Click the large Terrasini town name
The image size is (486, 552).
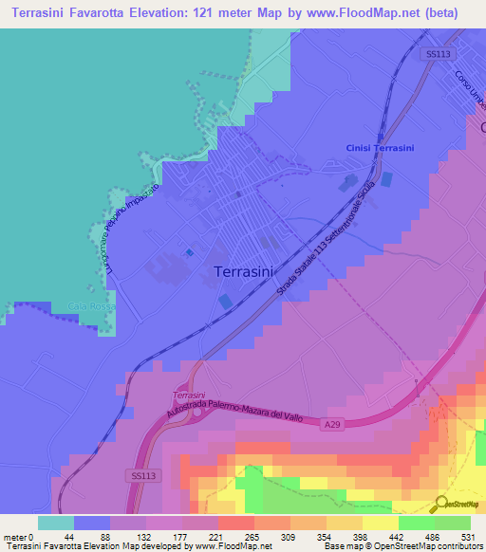click(247, 271)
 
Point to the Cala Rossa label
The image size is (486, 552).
click(90, 306)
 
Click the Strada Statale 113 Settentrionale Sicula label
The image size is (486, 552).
click(323, 248)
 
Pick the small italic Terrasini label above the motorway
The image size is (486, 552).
click(190, 394)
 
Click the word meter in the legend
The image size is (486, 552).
click(15, 537)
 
